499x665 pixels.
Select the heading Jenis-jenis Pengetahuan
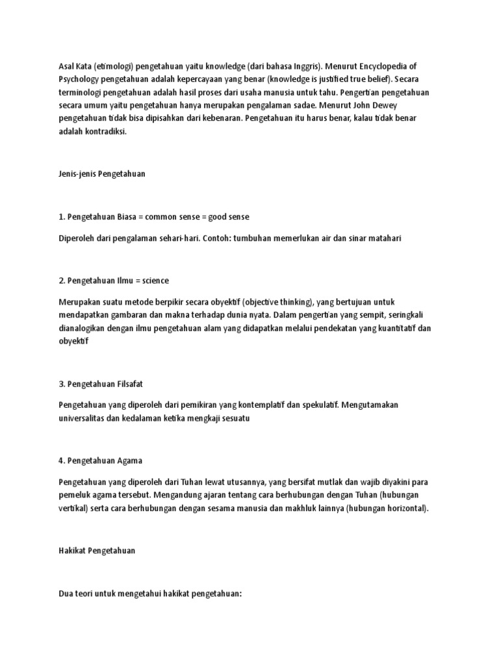(x=102, y=175)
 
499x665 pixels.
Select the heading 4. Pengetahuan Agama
(x=101, y=460)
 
